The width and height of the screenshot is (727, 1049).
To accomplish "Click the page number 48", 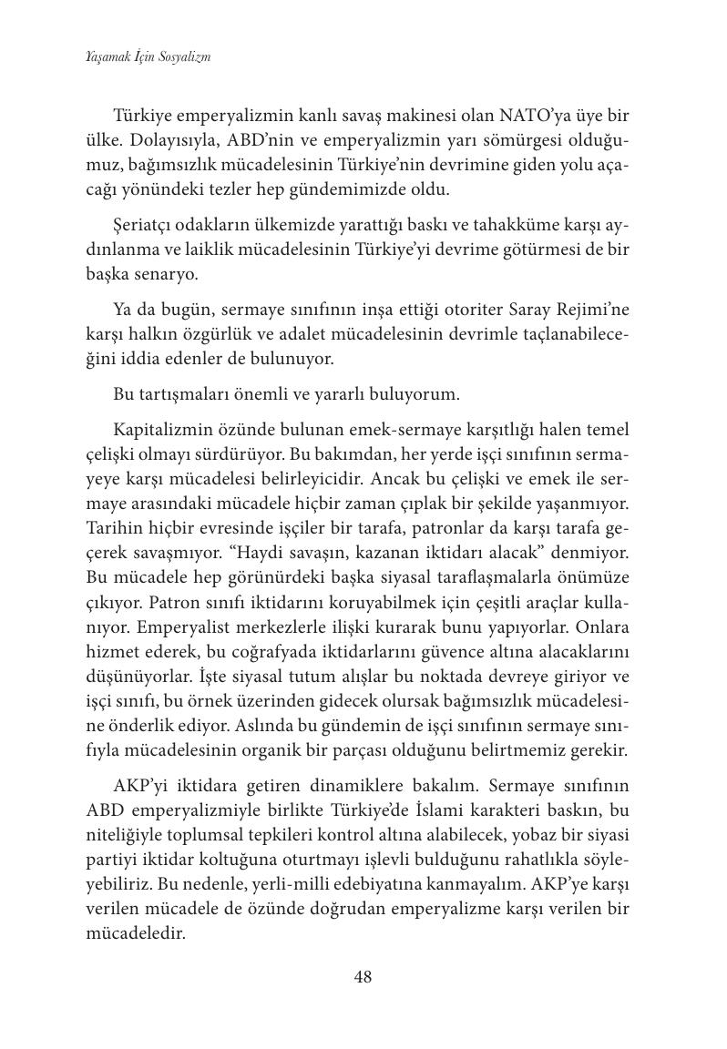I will pyautogui.click(x=363, y=977).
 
